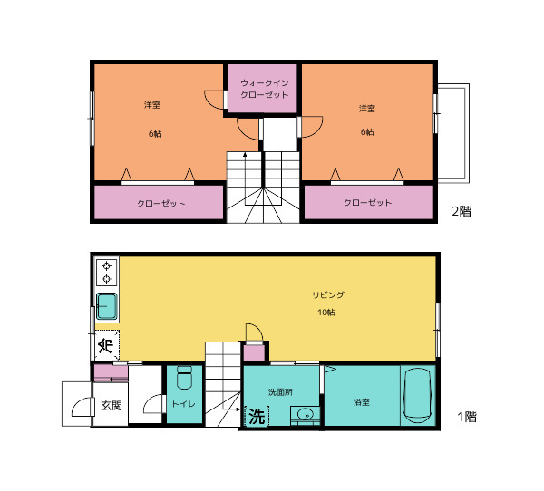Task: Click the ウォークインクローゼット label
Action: pos(265,89)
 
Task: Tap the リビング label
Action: pos(328,295)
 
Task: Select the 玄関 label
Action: pos(112,405)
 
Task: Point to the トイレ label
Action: pos(183,404)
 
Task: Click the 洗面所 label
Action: pos(280,392)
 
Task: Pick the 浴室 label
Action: pos(362,402)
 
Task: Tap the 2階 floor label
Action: pos(461,211)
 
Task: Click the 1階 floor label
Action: pos(467,417)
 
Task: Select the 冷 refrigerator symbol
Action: pos(107,345)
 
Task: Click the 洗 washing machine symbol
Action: pos(257,416)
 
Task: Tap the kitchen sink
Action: pos(106,306)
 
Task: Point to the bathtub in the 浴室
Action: pos(418,395)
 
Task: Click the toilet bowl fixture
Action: pos(184,378)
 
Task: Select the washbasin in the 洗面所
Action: pos(305,414)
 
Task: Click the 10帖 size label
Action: pos(326,313)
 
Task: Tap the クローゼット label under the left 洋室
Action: pos(161,203)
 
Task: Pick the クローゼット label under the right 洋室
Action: pos(368,203)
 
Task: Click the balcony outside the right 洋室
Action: pos(453,133)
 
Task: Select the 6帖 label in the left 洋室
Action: pos(155,133)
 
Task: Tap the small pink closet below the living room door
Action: pos(254,353)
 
